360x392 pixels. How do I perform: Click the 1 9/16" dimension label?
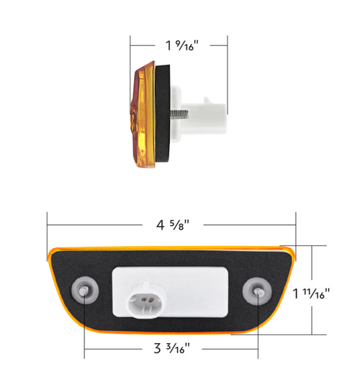click(x=180, y=45)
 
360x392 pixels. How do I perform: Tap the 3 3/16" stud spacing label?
click(x=171, y=350)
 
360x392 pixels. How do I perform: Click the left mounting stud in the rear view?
click(x=85, y=290)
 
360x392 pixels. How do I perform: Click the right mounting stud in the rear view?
click(x=258, y=291)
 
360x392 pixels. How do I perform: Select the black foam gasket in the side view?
click(x=164, y=115)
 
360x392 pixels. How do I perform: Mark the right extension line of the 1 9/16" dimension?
click(x=228, y=65)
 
